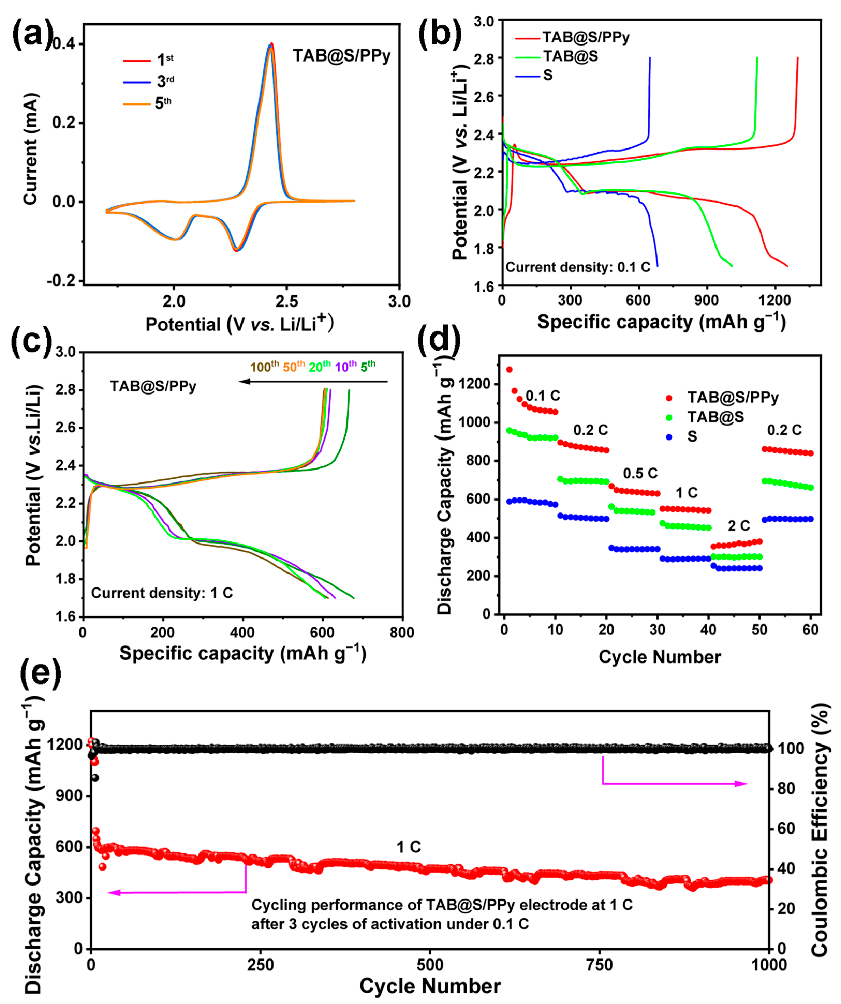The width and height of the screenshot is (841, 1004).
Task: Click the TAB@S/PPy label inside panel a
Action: [341, 56]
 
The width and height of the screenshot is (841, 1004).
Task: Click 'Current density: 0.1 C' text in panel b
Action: [578, 267]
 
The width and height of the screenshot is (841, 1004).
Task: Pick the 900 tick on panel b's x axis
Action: [706, 300]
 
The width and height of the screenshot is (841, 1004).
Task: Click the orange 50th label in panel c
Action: [293, 367]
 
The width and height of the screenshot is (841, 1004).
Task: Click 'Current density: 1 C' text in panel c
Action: [162, 593]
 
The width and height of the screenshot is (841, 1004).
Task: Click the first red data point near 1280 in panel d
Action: [509, 370]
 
